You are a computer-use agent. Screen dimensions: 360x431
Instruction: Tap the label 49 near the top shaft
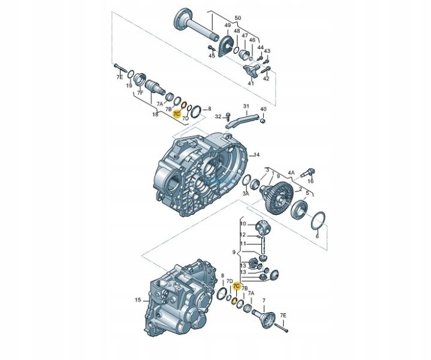click(228, 25)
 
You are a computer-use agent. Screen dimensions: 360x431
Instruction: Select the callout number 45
click(212, 55)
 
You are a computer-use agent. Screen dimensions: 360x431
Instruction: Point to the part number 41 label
click(251, 83)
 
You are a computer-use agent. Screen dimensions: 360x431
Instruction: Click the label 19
click(128, 86)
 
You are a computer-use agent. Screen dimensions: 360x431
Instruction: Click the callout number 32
click(219, 116)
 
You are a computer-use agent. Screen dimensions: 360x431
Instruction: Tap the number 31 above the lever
click(246, 106)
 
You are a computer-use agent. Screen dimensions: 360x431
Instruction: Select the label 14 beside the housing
click(257, 155)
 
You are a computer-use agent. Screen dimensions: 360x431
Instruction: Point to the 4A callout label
click(291, 172)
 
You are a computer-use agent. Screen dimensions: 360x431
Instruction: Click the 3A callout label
click(246, 194)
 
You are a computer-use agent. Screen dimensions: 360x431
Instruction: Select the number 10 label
click(243, 224)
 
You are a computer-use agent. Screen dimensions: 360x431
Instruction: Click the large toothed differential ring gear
click(276, 195)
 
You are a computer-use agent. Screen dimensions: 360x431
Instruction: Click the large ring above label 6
click(319, 220)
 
